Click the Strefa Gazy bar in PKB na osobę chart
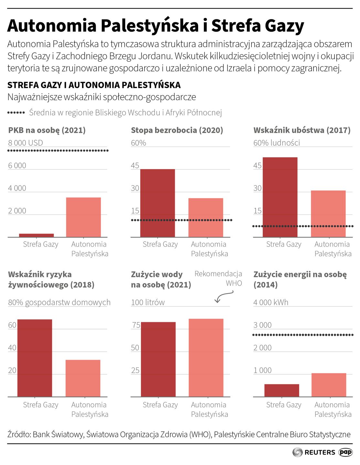click(x=37, y=235)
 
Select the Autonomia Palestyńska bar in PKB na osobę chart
click(x=83, y=217)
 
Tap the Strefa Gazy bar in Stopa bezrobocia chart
click(x=157, y=203)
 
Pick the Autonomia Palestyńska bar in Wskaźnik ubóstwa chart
click(x=328, y=214)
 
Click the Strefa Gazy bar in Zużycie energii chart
click(x=281, y=390)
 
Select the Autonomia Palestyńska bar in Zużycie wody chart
click(x=206, y=358)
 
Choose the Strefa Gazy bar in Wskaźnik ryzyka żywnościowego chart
click(x=35, y=358)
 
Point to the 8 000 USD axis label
click(x=26, y=143)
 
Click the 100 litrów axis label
click(x=148, y=302)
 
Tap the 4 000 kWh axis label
click(x=271, y=302)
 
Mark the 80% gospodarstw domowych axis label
click(x=59, y=302)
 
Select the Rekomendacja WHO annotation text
click(x=218, y=278)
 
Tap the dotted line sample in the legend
click(x=16, y=113)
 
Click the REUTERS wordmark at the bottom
click(x=320, y=452)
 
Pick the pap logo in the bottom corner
click(x=345, y=452)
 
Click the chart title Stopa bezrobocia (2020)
click(x=177, y=130)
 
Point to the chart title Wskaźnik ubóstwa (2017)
click(x=302, y=130)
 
